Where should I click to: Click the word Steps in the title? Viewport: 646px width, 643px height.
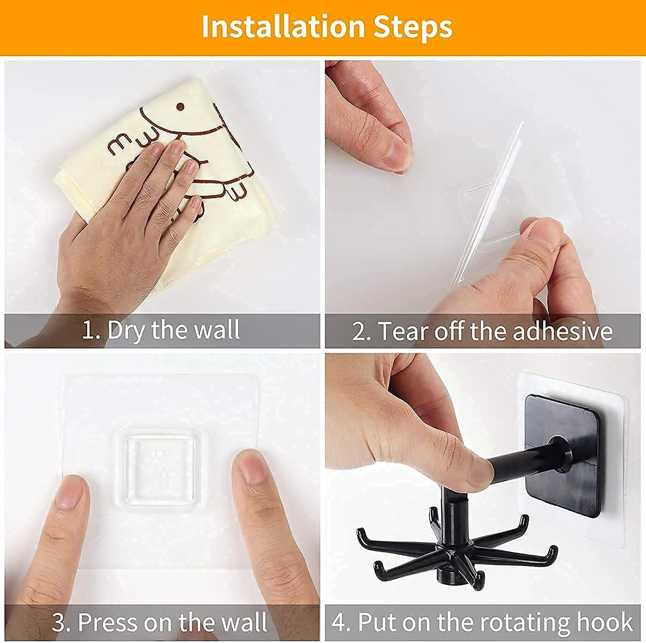[413, 27]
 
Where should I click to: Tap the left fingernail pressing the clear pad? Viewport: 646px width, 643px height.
[69, 492]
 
